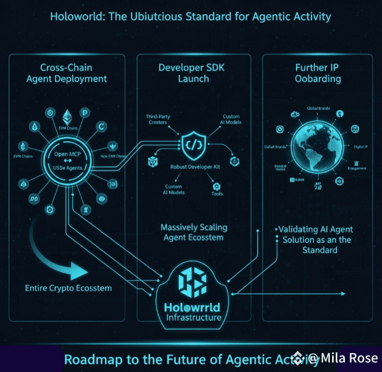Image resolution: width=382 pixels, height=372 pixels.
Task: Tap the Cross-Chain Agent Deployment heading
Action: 66,73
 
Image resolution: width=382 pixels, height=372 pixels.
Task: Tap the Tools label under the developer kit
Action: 217,193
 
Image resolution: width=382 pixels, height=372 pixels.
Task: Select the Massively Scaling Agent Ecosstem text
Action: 194,232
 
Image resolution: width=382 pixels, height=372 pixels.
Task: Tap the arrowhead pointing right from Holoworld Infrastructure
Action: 343,293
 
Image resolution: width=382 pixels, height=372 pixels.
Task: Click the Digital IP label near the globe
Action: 361,146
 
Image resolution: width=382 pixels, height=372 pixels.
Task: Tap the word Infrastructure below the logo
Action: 193,318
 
